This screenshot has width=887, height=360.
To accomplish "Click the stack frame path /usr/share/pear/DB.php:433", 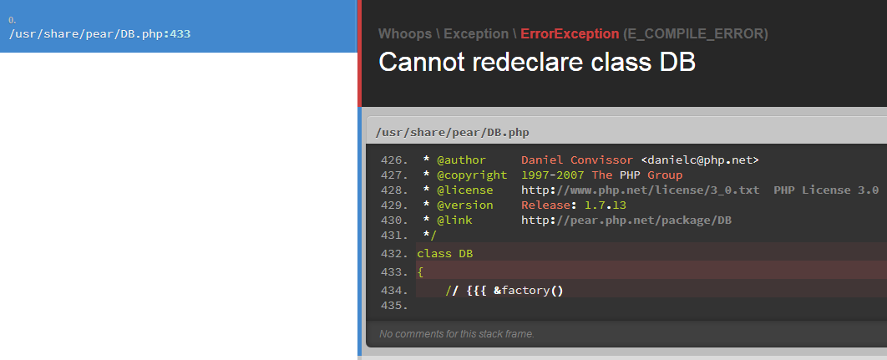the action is point(100,34).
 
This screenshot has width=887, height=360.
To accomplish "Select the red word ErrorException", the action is point(570,34).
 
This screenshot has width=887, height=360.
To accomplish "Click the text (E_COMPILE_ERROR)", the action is point(695,34).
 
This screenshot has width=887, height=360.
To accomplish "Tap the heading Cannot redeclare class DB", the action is point(537,62).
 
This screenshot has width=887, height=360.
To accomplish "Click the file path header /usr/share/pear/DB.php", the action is point(453,133).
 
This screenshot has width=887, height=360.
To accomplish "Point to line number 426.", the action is point(394,160).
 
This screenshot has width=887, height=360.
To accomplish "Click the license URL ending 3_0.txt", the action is point(641,190).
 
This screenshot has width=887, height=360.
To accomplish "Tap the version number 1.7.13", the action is point(606,205).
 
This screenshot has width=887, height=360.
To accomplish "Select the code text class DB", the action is point(444,254).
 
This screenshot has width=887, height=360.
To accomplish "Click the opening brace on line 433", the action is point(420,272).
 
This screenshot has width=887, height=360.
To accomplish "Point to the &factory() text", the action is point(529,291).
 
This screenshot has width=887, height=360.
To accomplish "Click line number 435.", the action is point(394,306).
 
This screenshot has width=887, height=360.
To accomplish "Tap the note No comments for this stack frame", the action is point(457,334).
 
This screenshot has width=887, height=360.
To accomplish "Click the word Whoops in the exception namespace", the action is point(405,34).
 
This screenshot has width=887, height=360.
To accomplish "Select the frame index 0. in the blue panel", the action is point(13,20).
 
